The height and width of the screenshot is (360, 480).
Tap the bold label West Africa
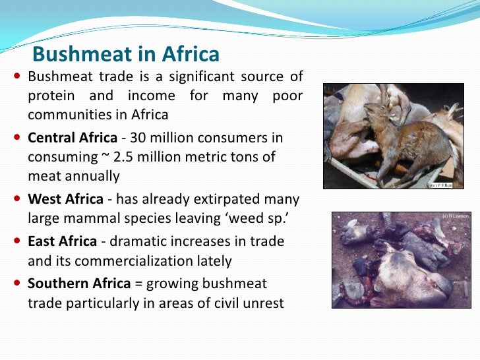65,199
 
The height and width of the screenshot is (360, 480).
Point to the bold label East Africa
63,241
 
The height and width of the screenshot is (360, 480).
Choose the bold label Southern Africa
78,284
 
